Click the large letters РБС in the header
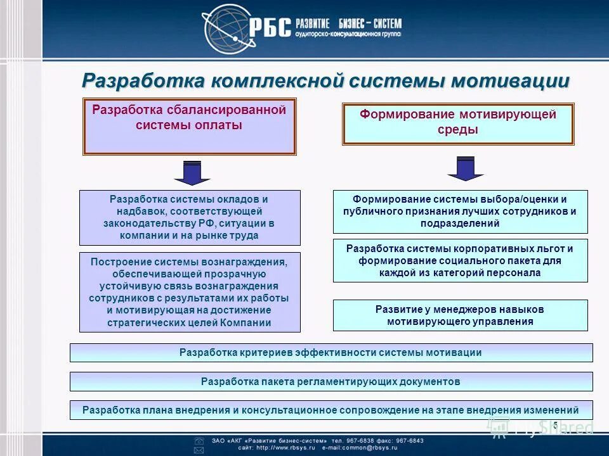pyautogui.click(x=272, y=27)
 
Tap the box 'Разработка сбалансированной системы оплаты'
pyautogui.click(x=189, y=126)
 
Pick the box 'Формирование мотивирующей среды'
pyautogui.click(x=458, y=124)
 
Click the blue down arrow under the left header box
pyautogui.click(x=188, y=172)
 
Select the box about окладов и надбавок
pyautogui.click(x=190, y=217)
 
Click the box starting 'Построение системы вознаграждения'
pyautogui.click(x=190, y=292)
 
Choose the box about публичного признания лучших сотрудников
pyautogui.click(x=460, y=211)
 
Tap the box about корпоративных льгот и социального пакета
pyautogui.click(x=460, y=260)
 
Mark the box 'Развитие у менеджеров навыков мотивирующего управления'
pyautogui.click(x=460, y=315)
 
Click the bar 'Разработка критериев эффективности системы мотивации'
pyautogui.click(x=331, y=353)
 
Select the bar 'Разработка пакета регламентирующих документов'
pyautogui.click(x=331, y=381)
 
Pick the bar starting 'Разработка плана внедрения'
pyautogui.click(x=331, y=410)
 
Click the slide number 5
pyautogui.click(x=555, y=424)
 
